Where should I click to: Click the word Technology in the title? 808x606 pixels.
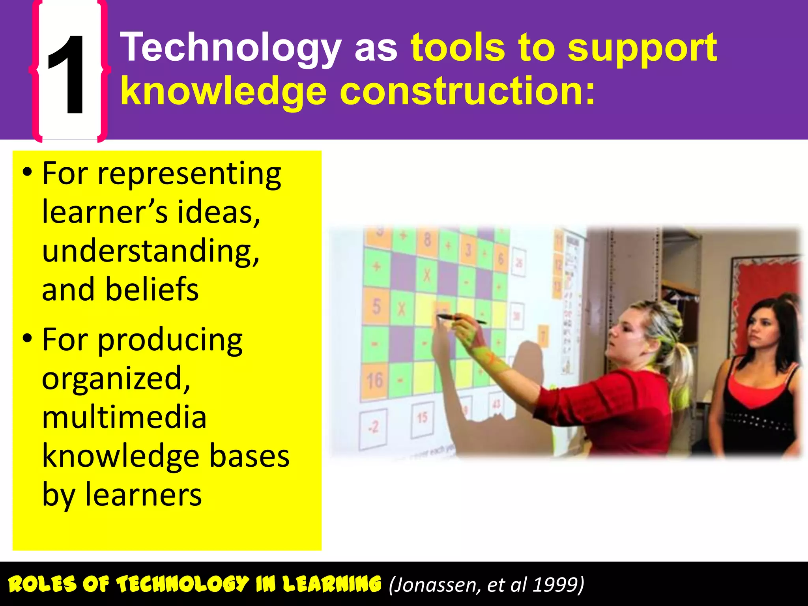pyautogui.click(x=231, y=48)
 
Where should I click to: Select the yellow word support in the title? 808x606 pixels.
pyautogui.click(x=642, y=48)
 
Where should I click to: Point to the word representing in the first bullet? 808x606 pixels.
pyautogui.click(x=189, y=174)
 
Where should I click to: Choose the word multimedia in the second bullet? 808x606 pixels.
pyautogui.click(x=124, y=417)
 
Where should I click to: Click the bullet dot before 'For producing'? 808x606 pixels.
pyautogui.click(x=27, y=339)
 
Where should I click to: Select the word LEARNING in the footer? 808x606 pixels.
pyautogui.click(x=332, y=584)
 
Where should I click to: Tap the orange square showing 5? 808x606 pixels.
pyautogui.click(x=377, y=307)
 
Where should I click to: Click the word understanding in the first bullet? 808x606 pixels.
pyautogui.click(x=151, y=251)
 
